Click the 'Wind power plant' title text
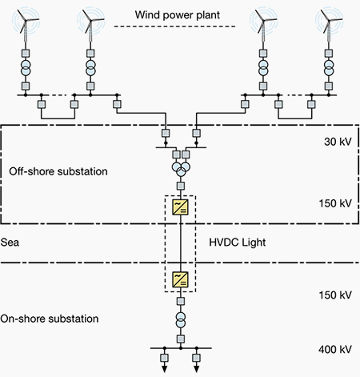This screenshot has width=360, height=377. click(178, 15)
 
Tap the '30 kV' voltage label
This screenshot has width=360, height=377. click(338, 142)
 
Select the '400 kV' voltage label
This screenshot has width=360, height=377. click(335, 349)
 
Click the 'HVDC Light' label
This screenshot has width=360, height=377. click(238, 243)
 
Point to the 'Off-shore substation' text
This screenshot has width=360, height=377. click(58, 171)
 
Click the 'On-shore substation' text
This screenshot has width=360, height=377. click(50, 319)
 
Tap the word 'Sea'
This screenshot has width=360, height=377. click(10, 243)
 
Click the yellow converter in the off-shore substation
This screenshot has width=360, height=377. click(181, 207)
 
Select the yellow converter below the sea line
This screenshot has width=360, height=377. click(181, 279)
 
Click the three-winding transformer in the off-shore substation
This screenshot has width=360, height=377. click(181, 169)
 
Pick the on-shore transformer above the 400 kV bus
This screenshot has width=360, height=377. click(181, 320)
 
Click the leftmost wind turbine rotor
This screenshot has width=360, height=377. click(25, 21)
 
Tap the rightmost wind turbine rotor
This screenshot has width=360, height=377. click(328, 21)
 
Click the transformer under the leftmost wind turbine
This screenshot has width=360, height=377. click(26, 68)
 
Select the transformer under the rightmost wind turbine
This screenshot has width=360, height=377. click(329, 68)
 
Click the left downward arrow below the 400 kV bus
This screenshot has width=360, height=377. click(165, 368)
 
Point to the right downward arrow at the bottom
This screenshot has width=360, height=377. click(197, 368)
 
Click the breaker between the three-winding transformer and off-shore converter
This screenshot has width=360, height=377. click(181, 186)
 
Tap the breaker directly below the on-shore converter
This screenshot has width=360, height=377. click(181, 301)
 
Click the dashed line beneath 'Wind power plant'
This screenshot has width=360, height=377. click(174, 26)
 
